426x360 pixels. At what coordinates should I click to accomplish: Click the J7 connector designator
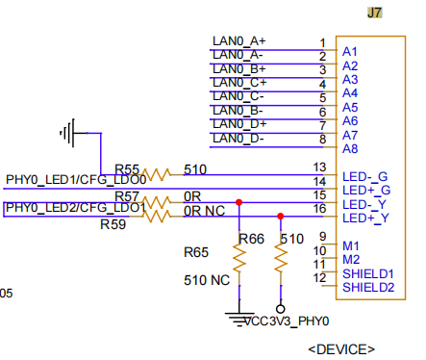click(x=374, y=13)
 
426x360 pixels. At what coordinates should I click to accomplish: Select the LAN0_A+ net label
click(x=239, y=41)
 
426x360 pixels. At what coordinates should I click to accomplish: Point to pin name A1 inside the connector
click(x=350, y=52)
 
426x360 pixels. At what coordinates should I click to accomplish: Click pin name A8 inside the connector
click(x=350, y=149)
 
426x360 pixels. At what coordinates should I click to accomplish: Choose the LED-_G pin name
click(x=365, y=177)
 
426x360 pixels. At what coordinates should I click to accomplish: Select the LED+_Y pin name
click(x=365, y=219)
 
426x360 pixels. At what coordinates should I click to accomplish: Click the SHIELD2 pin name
click(x=368, y=288)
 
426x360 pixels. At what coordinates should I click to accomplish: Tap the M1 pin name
click(x=351, y=246)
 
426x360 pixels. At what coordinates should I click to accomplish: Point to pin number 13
click(x=319, y=167)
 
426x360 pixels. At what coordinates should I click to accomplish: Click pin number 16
click(x=319, y=209)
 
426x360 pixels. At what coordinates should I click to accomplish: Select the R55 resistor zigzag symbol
click(x=157, y=174)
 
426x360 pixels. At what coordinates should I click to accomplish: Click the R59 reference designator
click(x=113, y=224)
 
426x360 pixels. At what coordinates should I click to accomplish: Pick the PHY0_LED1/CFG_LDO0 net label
click(x=76, y=180)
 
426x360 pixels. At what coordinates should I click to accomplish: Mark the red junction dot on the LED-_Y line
click(x=238, y=202)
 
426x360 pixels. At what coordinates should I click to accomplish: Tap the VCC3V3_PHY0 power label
click(x=287, y=321)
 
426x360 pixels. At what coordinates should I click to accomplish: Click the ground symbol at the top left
click(x=72, y=133)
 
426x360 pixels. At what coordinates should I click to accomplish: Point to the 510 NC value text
click(x=207, y=280)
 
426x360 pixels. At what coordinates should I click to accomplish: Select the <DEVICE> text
click(x=341, y=349)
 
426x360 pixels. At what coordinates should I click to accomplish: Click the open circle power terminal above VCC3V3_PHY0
click(x=281, y=309)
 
